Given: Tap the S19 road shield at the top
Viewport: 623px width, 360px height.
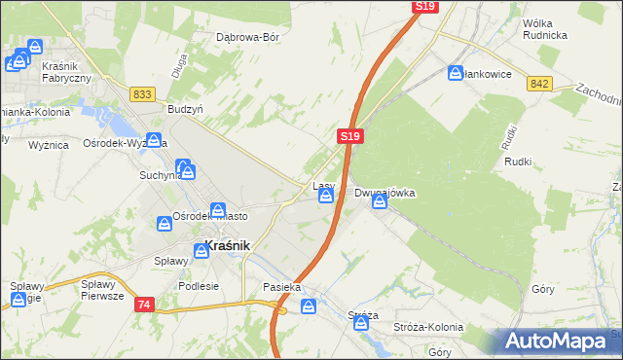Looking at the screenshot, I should [x=424, y=7].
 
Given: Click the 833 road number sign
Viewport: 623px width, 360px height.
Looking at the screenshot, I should [x=143, y=93].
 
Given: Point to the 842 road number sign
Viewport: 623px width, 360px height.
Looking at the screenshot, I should [x=540, y=85].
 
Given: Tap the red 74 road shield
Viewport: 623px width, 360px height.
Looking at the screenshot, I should [x=144, y=305].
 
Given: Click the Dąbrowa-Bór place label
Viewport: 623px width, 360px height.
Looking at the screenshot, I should [x=247, y=38].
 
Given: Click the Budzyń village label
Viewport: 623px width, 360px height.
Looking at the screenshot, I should [x=185, y=110].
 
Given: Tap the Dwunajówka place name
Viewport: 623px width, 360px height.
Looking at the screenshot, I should [x=385, y=193].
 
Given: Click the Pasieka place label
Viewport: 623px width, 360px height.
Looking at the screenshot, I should [x=281, y=288].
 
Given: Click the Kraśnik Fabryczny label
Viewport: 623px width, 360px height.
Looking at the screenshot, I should [x=67, y=71].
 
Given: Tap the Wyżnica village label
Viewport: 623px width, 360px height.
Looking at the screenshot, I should [x=49, y=144].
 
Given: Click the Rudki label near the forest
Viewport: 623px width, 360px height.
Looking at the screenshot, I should [x=516, y=162].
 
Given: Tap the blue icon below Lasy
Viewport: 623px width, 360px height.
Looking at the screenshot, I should [x=326, y=198].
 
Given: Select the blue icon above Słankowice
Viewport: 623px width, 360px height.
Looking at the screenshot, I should [x=456, y=72].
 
